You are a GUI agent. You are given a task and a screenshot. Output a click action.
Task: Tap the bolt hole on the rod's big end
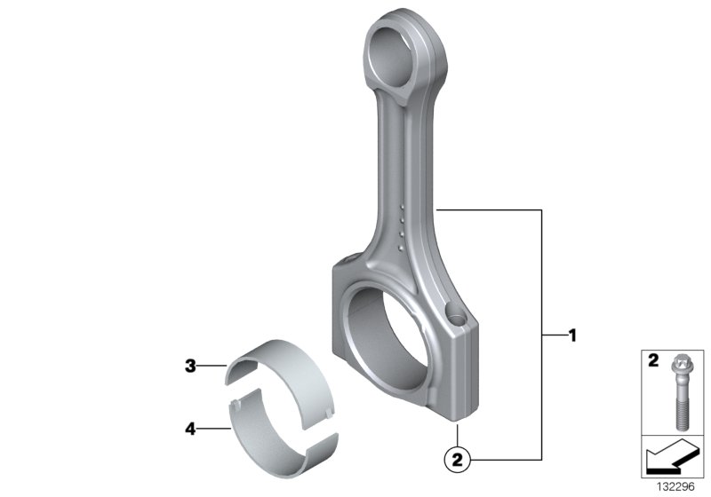pos(457,313)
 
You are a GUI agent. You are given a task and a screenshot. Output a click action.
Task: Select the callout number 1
pos(572,336)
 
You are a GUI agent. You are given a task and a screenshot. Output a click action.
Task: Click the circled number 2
pos(456,459)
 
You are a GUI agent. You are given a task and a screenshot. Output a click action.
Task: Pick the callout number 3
pos(189,365)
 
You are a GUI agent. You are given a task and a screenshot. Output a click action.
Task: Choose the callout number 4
pos(189,428)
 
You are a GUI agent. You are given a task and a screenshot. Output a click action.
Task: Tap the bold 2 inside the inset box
pos(651,362)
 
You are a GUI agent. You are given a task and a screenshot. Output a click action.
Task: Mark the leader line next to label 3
pos(212,365)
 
